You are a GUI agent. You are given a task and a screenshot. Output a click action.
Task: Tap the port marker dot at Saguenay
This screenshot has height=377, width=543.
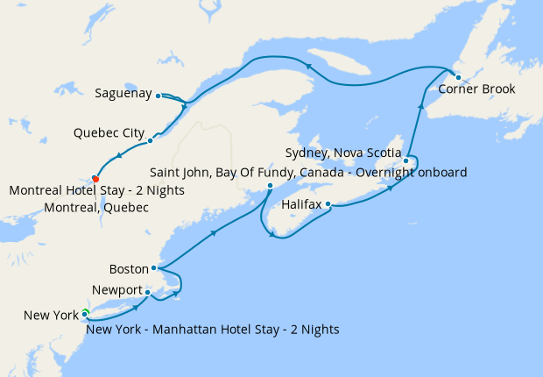click(158, 96)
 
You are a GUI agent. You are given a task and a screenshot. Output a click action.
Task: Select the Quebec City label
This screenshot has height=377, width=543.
click(109, 133)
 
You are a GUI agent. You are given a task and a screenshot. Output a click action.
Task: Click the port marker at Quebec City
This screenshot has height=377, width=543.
click(151, 140)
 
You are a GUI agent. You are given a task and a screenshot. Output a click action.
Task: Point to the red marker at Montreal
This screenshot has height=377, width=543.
click(95, 180)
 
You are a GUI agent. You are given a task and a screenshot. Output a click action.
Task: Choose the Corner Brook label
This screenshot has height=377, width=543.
click(476, 89)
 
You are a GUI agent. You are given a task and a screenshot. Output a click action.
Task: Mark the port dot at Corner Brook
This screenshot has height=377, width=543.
click(458, 77)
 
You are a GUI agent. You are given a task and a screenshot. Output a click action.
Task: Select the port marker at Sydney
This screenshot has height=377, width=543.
click(406, 160)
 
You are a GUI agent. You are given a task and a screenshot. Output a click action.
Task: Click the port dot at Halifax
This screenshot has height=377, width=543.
click(328, 204)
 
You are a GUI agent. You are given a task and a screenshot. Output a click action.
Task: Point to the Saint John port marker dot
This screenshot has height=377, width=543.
click(270, 186)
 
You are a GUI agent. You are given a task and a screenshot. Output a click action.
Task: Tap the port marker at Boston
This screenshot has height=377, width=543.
click(153, 268)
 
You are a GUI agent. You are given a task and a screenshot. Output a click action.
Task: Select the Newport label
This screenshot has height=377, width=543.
click(117, 290)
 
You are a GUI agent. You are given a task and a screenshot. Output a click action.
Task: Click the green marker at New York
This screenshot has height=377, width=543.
click(85, 313)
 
